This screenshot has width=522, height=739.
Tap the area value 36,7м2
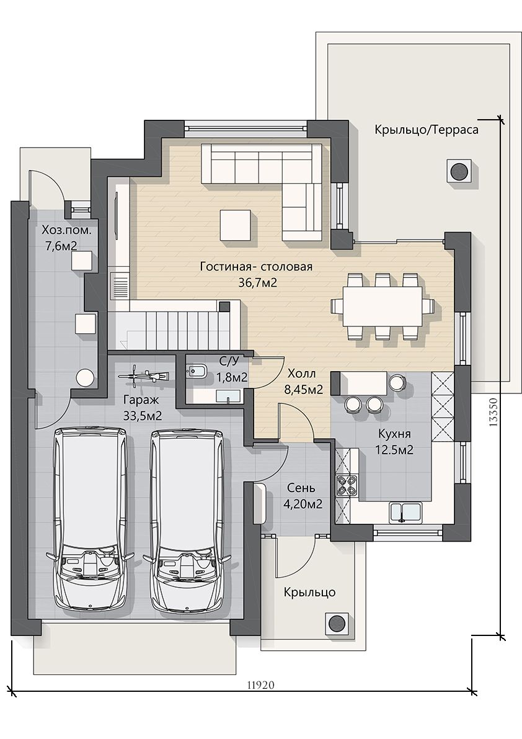(x=257, y=282)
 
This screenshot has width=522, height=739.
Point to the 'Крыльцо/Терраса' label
(x=427, y=130)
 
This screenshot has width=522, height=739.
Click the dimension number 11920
(x=260, y=684)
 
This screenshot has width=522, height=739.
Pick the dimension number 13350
(x=493, y=413)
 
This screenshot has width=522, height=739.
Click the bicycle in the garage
(x=143, y=375)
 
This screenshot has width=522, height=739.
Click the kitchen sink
(x=405, y=513)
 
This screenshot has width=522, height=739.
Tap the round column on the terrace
(x=458, y=171)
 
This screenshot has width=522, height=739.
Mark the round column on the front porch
(x=337, y=623)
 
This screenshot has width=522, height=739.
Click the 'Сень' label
(x=302, y=488)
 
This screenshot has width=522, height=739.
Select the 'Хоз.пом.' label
(x=66, y=230)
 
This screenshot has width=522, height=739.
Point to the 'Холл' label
(x=301, y=374)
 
